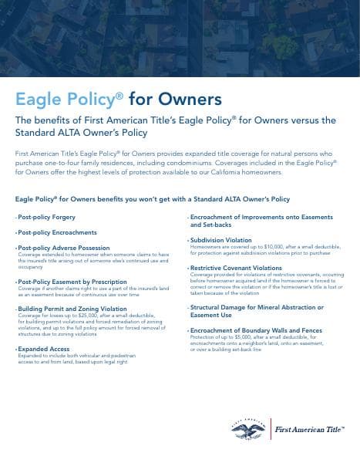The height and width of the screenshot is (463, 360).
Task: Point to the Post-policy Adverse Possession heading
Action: click(x=57, y=248)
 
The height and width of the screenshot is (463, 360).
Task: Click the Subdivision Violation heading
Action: click(x=220, y=240)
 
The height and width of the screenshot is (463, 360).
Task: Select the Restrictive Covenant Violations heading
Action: click(x=236, y=267)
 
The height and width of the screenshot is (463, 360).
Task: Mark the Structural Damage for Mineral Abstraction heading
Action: click(x=256, y=307)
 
